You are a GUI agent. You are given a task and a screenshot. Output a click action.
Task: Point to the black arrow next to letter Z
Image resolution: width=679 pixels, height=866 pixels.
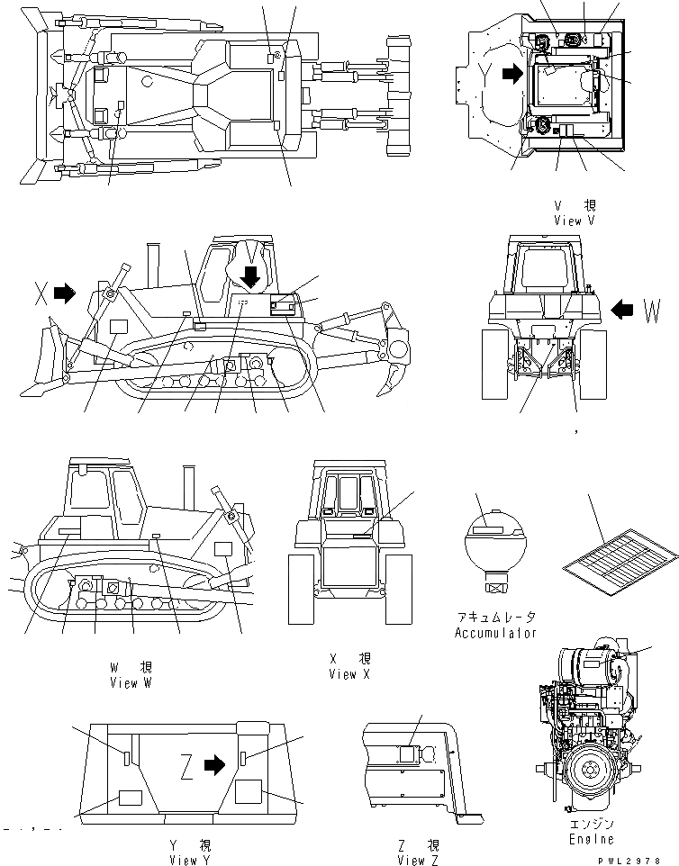tap(214, 765)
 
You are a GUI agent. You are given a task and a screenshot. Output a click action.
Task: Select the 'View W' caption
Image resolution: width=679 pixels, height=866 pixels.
tap(131, 682)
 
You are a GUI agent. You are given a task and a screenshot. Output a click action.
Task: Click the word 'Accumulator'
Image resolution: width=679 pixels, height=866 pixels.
tap(495, 633)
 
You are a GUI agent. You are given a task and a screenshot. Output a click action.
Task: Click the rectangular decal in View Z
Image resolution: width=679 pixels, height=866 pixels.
tap(407, 755)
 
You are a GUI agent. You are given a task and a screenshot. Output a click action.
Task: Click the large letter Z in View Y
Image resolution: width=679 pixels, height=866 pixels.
tap(186, 766)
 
